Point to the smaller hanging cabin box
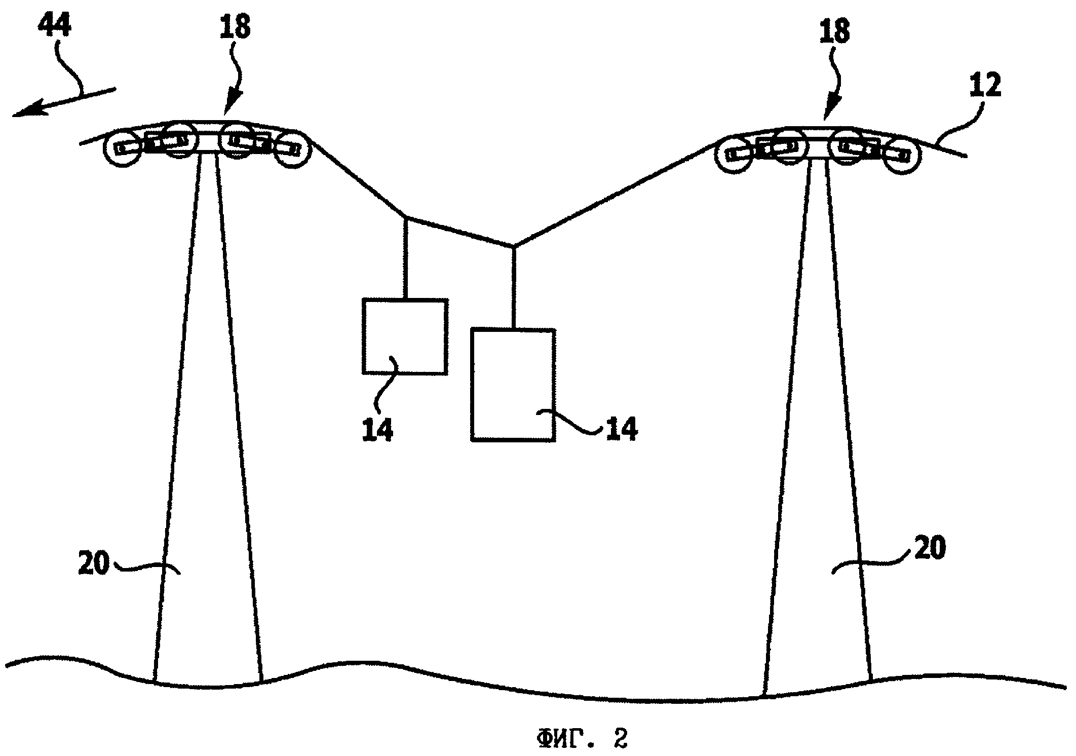405,336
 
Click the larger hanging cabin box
513,385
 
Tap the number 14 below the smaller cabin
377,430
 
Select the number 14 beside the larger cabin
623,428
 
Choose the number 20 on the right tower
930,548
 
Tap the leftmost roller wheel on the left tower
121,148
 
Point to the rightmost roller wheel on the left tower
292,149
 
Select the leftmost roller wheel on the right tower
733,154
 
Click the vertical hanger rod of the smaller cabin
406,258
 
